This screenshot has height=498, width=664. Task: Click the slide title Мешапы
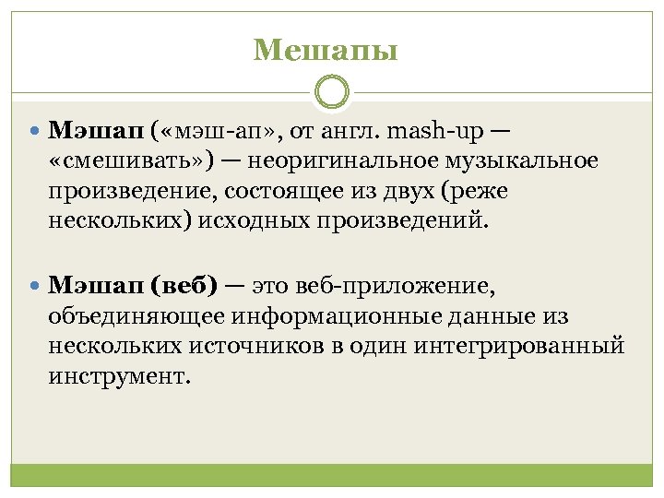(326, 50)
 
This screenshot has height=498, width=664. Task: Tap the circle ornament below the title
(332, 93)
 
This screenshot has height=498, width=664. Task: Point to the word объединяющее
(136, 316)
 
